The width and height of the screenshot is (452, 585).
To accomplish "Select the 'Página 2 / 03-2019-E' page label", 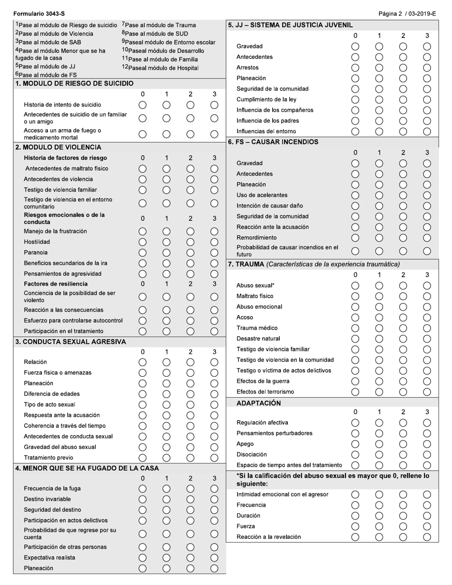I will [x=407, y=14].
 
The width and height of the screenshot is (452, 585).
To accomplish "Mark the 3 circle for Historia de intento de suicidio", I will [x=214, y=105].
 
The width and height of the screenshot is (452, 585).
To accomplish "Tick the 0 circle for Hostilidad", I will [x=142, y=242].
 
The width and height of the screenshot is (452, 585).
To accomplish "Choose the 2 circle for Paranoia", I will [x=190, y=253].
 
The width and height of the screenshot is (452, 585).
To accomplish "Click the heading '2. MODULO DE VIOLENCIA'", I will [x=58, y=147].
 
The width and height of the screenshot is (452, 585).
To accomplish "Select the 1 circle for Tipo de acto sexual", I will [x=167, y=405].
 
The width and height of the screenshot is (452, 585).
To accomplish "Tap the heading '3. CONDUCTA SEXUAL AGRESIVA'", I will [x=70, y=342].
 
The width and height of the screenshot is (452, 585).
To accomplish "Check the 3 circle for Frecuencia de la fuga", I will [x=214, y=488].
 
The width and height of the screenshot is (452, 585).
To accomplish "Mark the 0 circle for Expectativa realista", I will [x=142, y=557].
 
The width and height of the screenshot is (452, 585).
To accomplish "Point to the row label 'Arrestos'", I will [x=247, y=68].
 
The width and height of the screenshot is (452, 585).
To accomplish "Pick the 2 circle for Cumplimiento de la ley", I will [x=403, y=99].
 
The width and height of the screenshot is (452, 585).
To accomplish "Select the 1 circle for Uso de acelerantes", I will [x=379, y=195].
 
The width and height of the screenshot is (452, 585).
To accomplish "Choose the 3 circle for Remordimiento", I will [x=427, y=237].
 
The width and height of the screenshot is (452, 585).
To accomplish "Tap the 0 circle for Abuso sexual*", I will [x=355, y=285].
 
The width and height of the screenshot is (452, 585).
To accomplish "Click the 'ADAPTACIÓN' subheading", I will [x=258, y=403].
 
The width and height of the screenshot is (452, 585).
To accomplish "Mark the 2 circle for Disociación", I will [x=403, y=454].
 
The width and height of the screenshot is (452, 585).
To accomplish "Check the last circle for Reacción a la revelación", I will [x=427, y=537].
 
